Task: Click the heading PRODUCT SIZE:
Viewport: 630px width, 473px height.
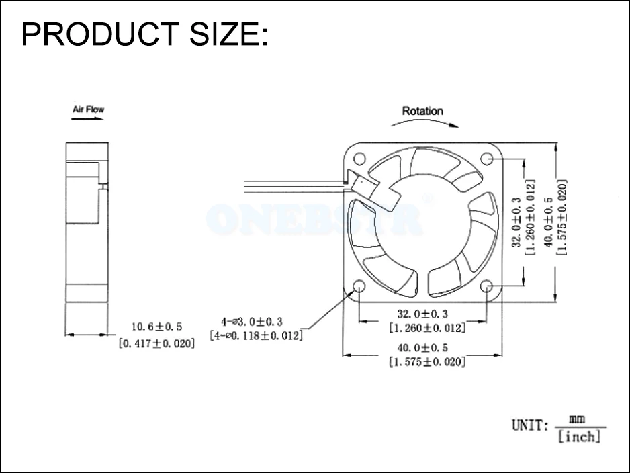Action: point(144,34)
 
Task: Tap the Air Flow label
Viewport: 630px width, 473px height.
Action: point(88,109)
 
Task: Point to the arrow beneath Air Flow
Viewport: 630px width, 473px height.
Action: point(88,120)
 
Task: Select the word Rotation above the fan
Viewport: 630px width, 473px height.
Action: point(422,111)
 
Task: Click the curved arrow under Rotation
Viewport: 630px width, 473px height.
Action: point(424,123)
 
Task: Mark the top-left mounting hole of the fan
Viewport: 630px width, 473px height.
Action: point(359,159)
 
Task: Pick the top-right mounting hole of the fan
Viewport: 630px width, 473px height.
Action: point(487,158)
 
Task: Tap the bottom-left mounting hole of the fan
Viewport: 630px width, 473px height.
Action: point(359,286)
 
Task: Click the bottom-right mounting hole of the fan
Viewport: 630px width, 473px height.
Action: point(487,287)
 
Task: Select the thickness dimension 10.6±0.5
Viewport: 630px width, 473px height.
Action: point(156,327)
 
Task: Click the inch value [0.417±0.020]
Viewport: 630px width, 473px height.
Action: point(156,343)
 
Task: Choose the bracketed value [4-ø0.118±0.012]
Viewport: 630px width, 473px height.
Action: point(256,335)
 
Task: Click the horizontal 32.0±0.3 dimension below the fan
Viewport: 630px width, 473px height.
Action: point(422,313)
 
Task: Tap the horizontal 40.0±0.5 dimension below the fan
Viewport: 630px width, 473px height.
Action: point(422,347)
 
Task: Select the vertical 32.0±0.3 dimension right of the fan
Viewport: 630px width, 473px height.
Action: point(516,222)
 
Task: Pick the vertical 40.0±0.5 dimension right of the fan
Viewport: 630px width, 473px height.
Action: point(549,222)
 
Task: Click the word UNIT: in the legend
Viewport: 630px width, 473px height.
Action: point(531,425)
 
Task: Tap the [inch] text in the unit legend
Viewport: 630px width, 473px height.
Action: point(580,437)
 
